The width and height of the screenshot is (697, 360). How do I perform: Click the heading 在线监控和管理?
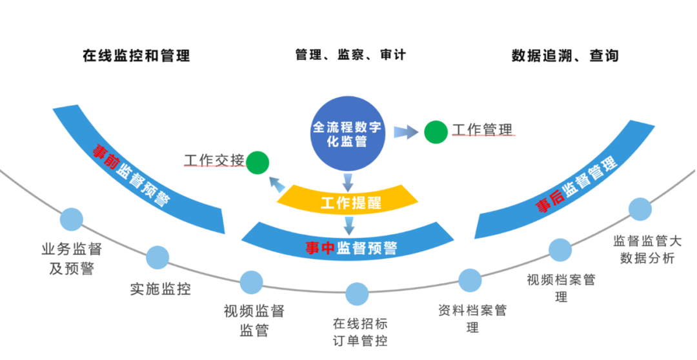pos(136,55)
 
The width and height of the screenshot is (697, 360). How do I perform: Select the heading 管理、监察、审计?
pos(350,55)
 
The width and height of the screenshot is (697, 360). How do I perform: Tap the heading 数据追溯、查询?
pos(565,55)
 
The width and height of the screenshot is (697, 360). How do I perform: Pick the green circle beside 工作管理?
pos(436,132)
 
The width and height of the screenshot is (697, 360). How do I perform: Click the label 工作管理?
pos(483,130)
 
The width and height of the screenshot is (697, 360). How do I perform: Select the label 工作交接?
pos(214,160)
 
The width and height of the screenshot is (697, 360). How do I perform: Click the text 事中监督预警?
pos(351,247)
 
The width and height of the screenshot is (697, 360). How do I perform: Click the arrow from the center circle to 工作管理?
pos(405,132)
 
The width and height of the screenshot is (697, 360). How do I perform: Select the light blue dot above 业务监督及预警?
pos(72,219)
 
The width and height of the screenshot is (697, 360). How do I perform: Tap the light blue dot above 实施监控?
pos(157,257)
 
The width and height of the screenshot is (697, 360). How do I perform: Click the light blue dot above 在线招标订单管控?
pos(357,294)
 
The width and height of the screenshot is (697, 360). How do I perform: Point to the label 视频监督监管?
pos(254,321)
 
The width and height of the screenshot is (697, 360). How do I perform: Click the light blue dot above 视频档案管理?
pos(560,250)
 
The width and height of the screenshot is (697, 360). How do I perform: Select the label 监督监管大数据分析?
pos(647,249)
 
